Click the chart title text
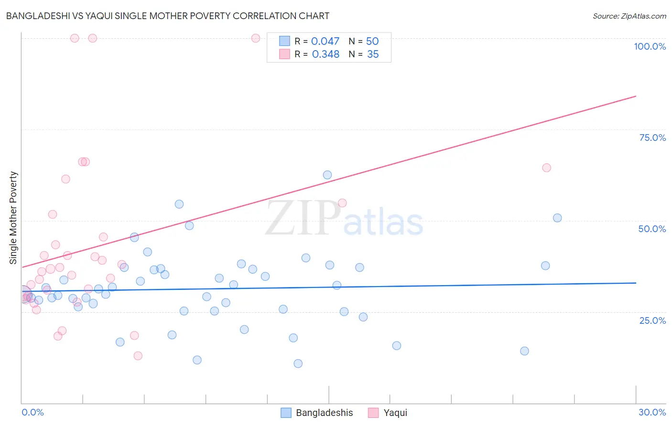pyautogui.click(x=167, y=16)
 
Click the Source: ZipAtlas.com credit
pyautogui.click(x=629, y=16)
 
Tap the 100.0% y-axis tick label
pyautogui.click(x=650, y=46)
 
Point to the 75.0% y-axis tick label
pyautogui.click(x=652, y=138)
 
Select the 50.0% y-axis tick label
pyautogui.click(x=652, y=229)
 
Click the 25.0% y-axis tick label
pyautogui.click(x=652, y=320)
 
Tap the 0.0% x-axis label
pyautogui.click(x=33, y=412)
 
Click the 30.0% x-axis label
pyautogui.click(x=652, y=412)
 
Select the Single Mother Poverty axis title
pyautogui.click(x=13, y=218)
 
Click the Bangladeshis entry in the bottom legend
pyautogui.click(x=324, y=413)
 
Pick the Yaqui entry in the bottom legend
pyautogui.click(x=395, y=413)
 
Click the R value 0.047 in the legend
pyautogui.click(x=325, y=42)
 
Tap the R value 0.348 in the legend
pyautogui.click(x=325, y=54)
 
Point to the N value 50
pyautogui.click(x=372, y=42)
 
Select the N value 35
pyautogui.click(x=373, y=54)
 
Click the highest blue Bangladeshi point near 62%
pyautogui.click(x=327, y=175)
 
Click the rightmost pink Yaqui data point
pyautogui.click(x=547, y=168)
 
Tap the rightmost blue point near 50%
pyautogui.click(x=557, y=218)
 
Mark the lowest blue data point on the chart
pyautogui.click(x=298, y=363)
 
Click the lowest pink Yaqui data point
pyautogui.click(x=138, y=356)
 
